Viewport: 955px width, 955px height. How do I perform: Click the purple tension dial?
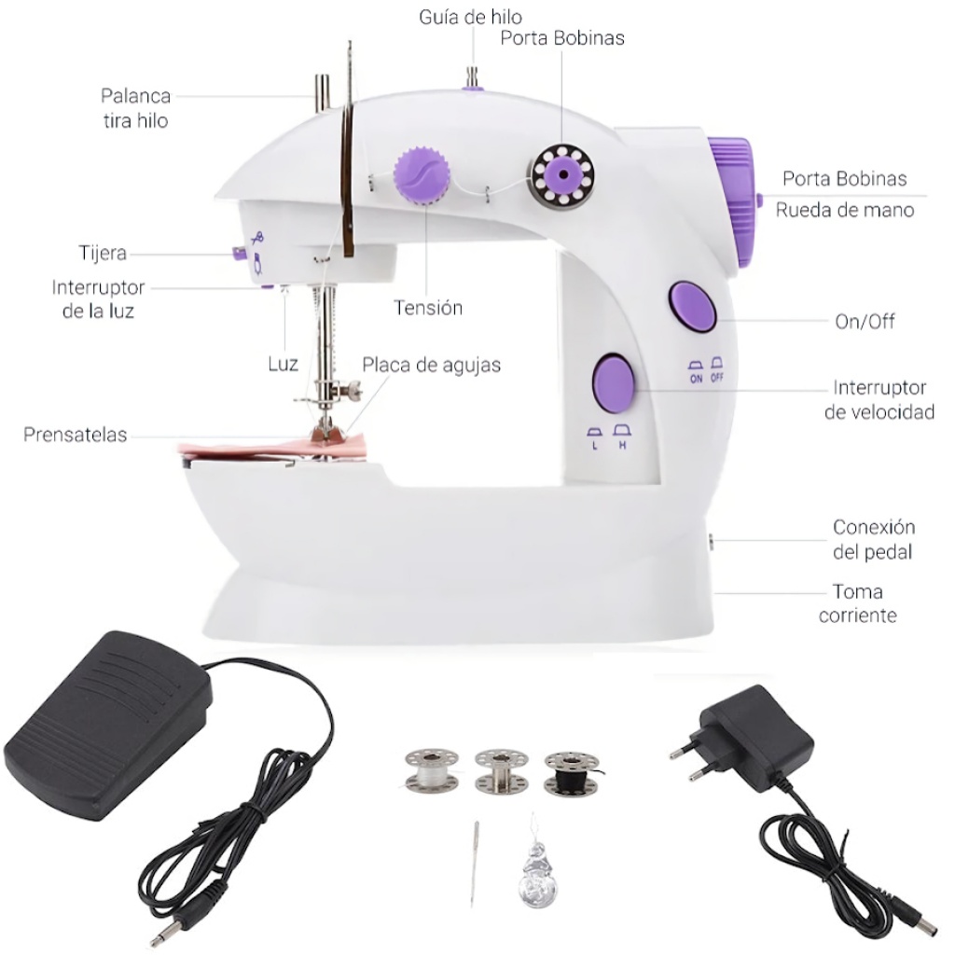pos(422,174)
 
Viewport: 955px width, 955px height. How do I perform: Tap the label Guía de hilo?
pos(470,17)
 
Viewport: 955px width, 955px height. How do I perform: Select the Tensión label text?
pos(427,308)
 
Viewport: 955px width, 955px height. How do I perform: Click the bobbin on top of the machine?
pos(562,174)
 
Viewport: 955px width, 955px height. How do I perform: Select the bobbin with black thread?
pos(572,772)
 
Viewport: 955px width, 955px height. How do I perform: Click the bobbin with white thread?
pos(431,771)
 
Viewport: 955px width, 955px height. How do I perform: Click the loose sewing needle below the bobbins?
pos(475,864)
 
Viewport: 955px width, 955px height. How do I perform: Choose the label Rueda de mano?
pos(844,210)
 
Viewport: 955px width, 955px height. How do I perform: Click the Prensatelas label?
pos(75,435)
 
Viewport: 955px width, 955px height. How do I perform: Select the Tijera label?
pos(103,253)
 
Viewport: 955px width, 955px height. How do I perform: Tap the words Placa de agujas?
pos(431,365)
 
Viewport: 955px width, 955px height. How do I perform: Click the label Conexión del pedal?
pos(873,540)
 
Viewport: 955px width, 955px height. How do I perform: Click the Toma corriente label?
pos(858,603)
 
